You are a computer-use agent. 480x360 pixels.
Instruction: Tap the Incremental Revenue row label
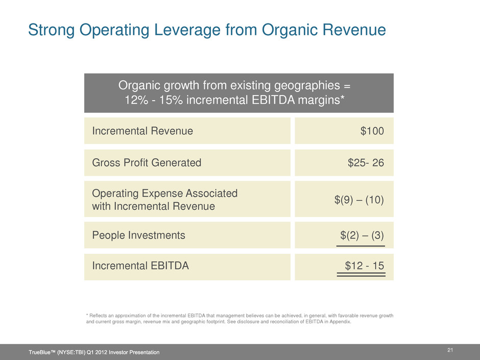click(142, 131)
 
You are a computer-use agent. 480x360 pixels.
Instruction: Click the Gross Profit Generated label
click(147, 163)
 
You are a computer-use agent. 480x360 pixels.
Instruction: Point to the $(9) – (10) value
click(359, 199)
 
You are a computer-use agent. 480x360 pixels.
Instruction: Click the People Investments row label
click(138, 235)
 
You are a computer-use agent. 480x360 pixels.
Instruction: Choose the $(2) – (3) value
click(362, 235)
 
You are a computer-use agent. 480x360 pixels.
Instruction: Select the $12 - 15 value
click(365, 266)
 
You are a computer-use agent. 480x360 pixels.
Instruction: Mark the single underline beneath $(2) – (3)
click(361, 245)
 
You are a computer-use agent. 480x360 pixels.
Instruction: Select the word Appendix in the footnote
click(341, 322)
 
